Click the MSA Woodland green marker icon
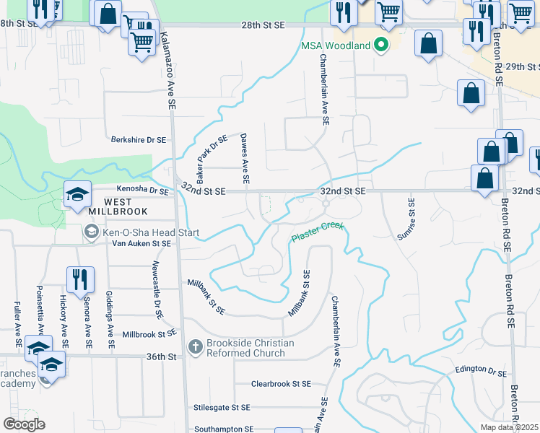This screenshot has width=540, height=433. (x=380, y=46)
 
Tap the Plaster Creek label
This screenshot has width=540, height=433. (x=318, y=233)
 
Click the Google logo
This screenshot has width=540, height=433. (x=24, y=424)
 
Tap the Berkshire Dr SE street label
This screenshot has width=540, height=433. (x=139, y=140)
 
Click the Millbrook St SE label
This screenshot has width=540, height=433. (x=149, y=334)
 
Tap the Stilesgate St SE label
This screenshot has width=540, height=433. (x=222, y=407)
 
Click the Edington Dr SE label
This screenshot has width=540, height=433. (x=481, y=369)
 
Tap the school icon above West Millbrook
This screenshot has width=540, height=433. (x=77, y=193)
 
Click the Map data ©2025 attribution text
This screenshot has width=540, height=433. (x=510, y=427)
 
